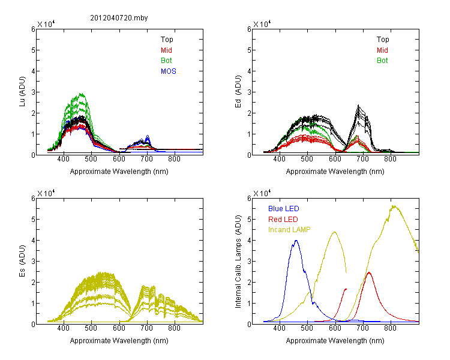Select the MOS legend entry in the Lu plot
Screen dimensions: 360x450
click(169, 71)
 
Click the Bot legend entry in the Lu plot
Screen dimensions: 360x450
click(166, 61)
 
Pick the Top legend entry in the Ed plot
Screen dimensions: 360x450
click(382, 40)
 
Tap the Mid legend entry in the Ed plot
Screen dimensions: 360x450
click(382, 50)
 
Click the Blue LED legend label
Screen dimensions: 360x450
click(283, 209)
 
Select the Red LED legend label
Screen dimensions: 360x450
click(283, 220)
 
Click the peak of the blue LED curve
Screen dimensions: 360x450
click(296, 241)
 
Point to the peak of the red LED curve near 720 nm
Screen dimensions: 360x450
click(369, 272)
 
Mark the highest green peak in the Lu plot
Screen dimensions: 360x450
click(80, 94)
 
